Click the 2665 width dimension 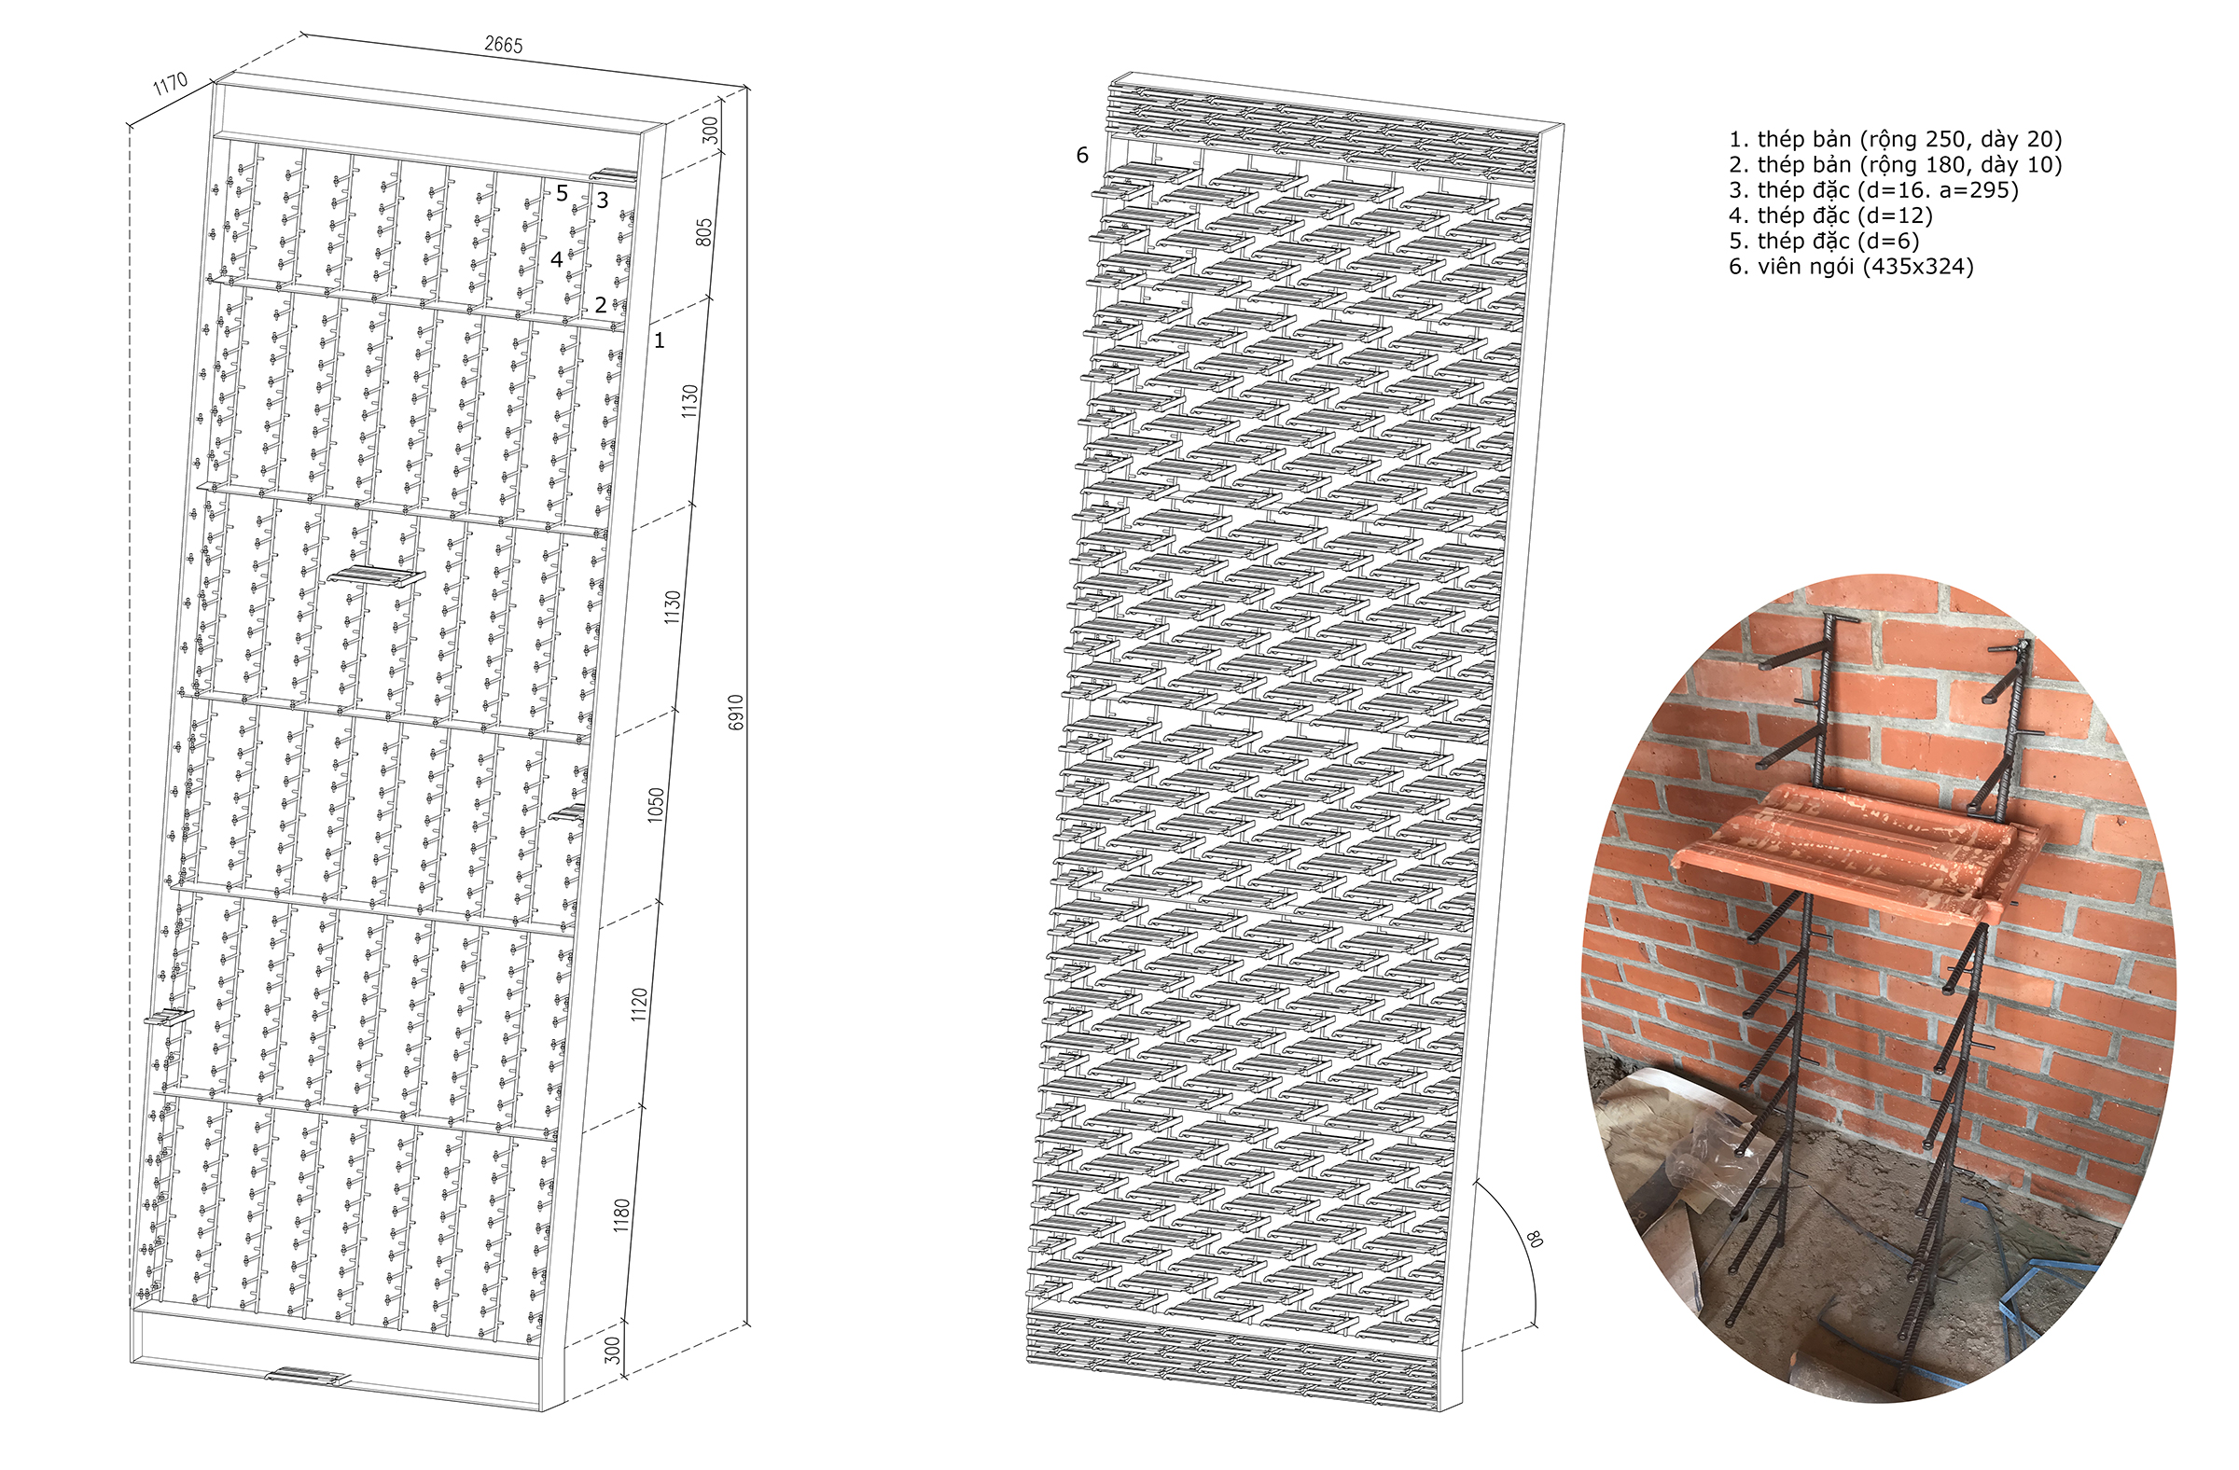tap(503, 44)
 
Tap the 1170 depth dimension tap(171, 85)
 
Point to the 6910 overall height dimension tap(737, 712)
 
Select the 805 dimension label tap(703, 232)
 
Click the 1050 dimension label tap(656, 804)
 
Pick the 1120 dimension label tap(640, 1005)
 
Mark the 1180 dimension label tap(622, 1215)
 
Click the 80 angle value tap(1534, 1239)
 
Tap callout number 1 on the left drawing tap(660, 340)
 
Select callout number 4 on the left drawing tap(556, 258)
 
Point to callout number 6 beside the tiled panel tap(1082, 155)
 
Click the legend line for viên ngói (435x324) tap(1851, 267)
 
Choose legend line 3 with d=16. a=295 tap(1873, 190)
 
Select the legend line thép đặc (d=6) tap(1823, 241)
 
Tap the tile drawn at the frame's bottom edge tap(307, 1377)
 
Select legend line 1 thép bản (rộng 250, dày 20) tap(1895, 139)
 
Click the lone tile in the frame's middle tap(376, 576)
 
